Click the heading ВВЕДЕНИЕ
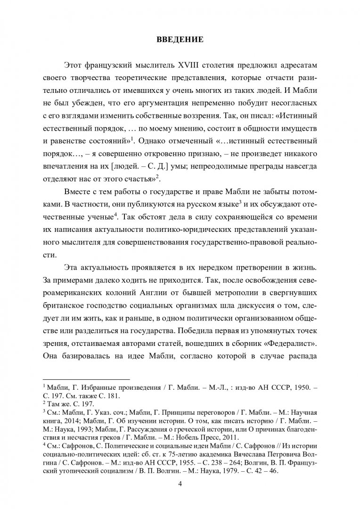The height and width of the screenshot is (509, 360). point(180,40)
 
